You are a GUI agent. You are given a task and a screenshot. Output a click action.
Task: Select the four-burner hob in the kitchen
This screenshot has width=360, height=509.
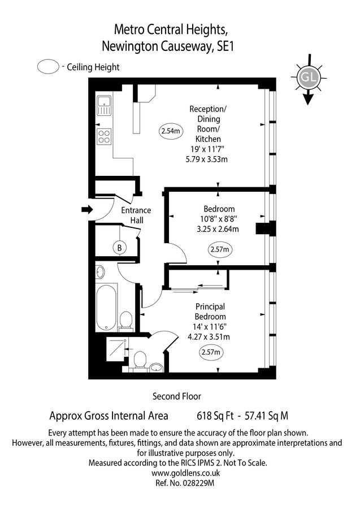(x=104, y=136)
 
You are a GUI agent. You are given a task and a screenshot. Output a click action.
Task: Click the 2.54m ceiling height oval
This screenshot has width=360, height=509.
(x=171, y=132)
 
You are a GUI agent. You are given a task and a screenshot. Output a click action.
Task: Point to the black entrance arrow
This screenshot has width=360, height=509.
(x=87, y=210)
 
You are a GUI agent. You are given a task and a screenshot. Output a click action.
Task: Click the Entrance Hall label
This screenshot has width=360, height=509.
(x=136, y=215)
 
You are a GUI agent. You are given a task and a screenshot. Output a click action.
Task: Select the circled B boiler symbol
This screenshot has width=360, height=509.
(x=119, y=247)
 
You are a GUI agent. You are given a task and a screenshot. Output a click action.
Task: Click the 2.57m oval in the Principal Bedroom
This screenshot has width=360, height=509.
(x=211, y=353)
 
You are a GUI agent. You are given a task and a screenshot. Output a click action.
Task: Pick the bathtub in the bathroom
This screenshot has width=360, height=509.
(x=106, y=309)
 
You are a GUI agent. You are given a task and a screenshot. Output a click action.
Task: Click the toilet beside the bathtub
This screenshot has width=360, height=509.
(x=126, y=320)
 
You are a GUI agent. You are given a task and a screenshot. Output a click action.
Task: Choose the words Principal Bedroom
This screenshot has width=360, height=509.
(x=210, y=312)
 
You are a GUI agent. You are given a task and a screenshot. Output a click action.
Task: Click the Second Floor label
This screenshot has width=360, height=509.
(x=177, y=396)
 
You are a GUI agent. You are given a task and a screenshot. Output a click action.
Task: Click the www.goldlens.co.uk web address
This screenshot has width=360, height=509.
(x=177, y=473)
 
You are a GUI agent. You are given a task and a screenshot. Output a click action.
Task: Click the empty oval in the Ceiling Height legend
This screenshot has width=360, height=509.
(x=48, y=67)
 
